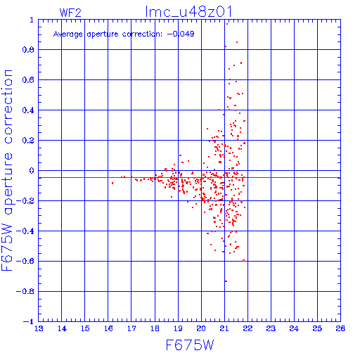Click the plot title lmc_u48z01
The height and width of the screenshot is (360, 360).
point(188,11)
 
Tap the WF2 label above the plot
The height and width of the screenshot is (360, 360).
point(70,13)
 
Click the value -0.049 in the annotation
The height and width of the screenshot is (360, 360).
point(181,34)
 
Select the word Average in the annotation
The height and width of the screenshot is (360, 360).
point(68,34)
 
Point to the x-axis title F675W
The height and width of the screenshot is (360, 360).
point(190,345)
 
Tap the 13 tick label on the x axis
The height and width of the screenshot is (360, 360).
point(39,328)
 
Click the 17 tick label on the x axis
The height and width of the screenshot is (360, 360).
point(131,328)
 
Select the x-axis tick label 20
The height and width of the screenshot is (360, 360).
point(201,328)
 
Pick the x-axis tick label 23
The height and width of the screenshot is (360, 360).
point(271,328)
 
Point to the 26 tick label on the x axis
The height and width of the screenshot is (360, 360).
point(340,328)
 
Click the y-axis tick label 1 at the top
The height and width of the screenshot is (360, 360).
point(32,20)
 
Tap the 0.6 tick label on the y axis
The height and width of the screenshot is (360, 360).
point(28,80)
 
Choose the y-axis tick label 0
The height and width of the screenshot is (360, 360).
point(32,170)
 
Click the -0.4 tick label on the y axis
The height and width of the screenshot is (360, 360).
point(25,231)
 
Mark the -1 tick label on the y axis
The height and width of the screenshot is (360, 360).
point(29,321)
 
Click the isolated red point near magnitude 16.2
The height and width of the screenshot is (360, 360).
point(112,183)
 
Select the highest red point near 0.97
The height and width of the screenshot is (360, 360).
point(227,24)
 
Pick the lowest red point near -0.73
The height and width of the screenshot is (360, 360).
point(226,281)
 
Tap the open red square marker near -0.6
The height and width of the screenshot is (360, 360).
point(243,260)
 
